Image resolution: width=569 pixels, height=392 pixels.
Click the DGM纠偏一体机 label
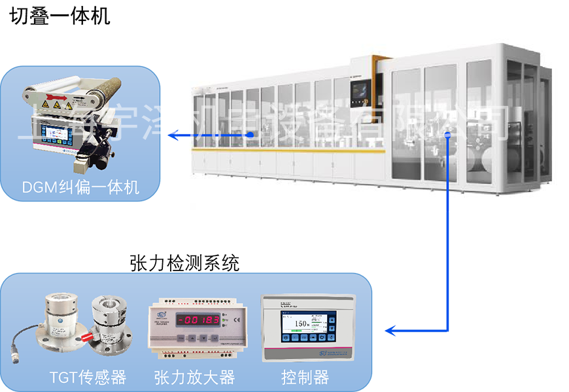pos(80,188)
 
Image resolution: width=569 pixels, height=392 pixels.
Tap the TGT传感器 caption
pos(88,377)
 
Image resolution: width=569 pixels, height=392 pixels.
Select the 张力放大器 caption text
pos(194,377)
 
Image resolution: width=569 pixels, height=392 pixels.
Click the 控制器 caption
pos(305,377)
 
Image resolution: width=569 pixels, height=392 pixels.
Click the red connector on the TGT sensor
pos(87,336)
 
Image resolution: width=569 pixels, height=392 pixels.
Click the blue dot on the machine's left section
pos(250,135)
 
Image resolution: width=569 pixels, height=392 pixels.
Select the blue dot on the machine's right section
pos(448,135)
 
